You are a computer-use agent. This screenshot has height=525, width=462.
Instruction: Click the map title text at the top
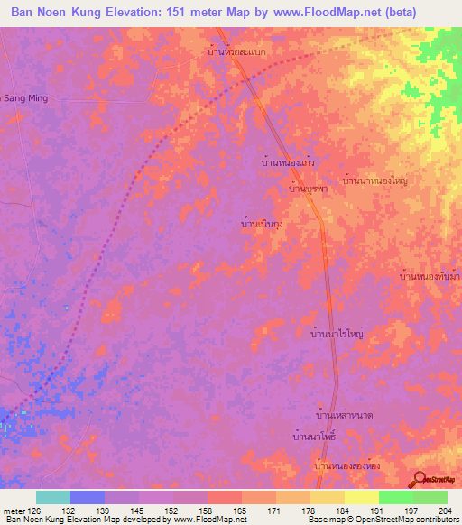coord(230,13)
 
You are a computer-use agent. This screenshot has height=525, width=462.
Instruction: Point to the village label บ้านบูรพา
coord(307,190)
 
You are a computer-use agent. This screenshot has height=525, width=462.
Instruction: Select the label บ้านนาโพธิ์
coord(315,437)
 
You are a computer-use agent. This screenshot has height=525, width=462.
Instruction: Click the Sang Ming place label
coord(23,97)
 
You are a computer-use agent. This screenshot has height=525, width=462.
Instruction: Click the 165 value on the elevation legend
coord(241,511)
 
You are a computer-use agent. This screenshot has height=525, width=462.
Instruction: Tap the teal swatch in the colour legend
coord(53,497)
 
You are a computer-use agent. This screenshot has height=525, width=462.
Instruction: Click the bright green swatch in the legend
coord(395,497)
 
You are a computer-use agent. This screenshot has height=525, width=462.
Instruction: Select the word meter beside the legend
coord(14,511)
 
